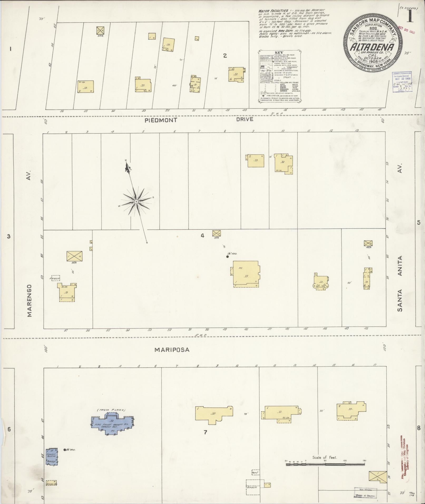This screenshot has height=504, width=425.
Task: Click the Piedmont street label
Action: click(161, 120)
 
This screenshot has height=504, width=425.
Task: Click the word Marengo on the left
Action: click(29, 301)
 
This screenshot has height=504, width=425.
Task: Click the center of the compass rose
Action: click(136, 202)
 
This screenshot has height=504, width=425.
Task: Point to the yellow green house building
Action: click(51, 483)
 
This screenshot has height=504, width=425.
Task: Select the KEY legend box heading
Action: click(279, 53)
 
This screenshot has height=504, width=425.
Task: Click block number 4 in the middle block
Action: click(202, 236)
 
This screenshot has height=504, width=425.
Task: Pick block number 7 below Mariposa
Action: click(206, 432)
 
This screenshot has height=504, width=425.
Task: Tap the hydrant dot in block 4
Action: click(227, 256)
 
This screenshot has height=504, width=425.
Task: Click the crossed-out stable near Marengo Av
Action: click(74, 256)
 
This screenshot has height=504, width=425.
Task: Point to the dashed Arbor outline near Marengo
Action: click(55, 278)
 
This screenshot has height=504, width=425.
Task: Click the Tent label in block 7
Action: click(255, 472)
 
